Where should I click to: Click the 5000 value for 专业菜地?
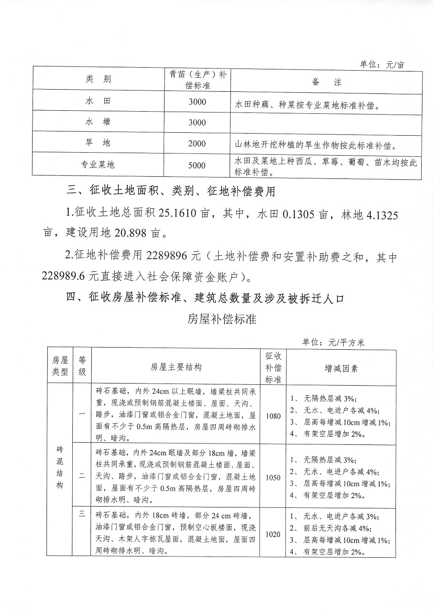click(197, 165)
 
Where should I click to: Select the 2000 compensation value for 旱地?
click(197, 144)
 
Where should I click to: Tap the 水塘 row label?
click(98, 122)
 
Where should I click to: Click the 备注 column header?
click(326, 82)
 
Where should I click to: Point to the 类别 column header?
click(98, 79)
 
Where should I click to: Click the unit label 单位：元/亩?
click(382, 65)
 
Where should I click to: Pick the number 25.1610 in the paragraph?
click(177, 213)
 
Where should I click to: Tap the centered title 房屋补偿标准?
click(222, 319)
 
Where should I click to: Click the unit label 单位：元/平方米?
click(333, 342)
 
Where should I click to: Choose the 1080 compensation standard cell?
click(273, 416)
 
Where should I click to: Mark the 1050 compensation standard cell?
click(273, 478)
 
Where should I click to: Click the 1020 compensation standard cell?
click(273, 534)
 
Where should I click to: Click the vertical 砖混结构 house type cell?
click(60, 467)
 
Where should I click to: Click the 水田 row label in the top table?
click(98, 101)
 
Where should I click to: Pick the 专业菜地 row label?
click(98, 165)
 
